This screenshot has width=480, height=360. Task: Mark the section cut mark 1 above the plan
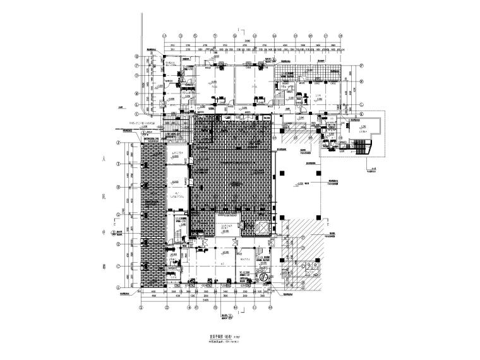point(237,30)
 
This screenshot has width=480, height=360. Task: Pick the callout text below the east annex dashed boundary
point(374,168)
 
